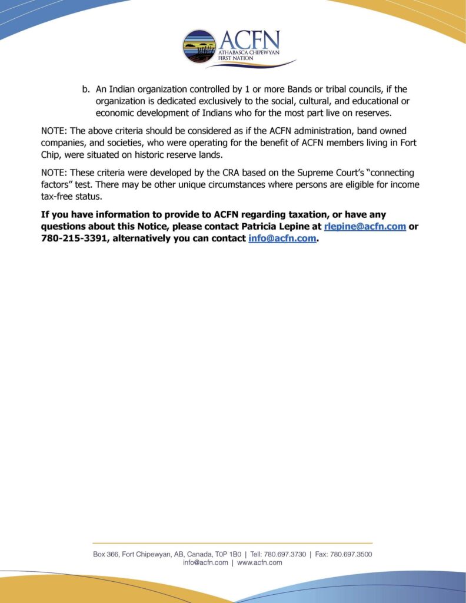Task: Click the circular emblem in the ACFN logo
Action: (199, 47)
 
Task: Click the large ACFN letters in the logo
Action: (249, 41)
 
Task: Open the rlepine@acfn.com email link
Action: (365, 226)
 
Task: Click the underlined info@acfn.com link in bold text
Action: (282, 238)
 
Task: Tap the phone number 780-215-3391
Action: (74, 238)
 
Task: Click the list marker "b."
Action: (86, 90)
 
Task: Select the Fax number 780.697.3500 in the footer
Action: (351, 554)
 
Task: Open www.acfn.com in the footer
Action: (259, 562)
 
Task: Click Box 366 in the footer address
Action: (106, 554)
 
